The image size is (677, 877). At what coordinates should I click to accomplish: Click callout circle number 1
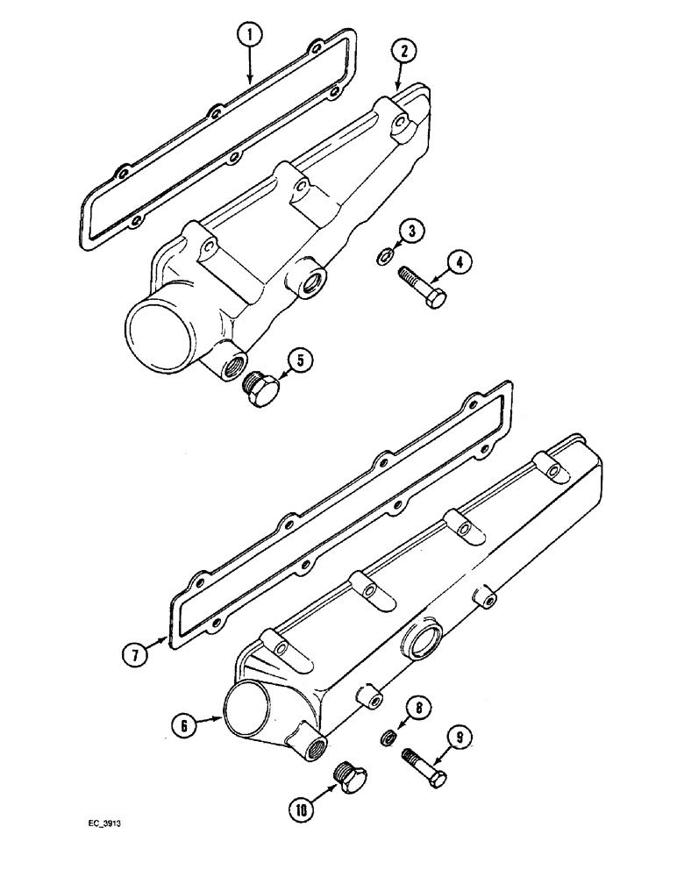(x=250, y=36)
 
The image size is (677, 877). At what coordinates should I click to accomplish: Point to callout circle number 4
(x=460, y=260)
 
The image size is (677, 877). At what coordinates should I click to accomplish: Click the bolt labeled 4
(x=422, y=285)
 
